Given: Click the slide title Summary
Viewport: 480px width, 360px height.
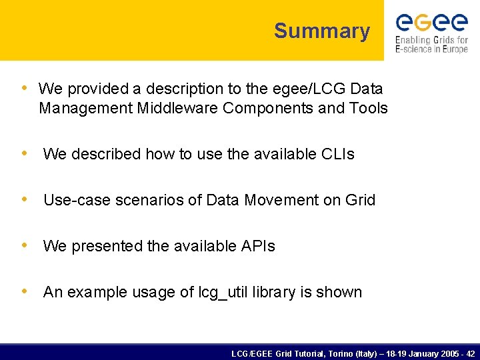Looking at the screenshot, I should point(321,31).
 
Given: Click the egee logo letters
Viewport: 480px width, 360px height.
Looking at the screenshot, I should point(431,22).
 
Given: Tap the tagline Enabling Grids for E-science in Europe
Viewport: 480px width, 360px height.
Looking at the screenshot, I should point(431,45).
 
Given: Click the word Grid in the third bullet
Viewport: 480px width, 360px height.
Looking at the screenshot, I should point(360,200).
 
